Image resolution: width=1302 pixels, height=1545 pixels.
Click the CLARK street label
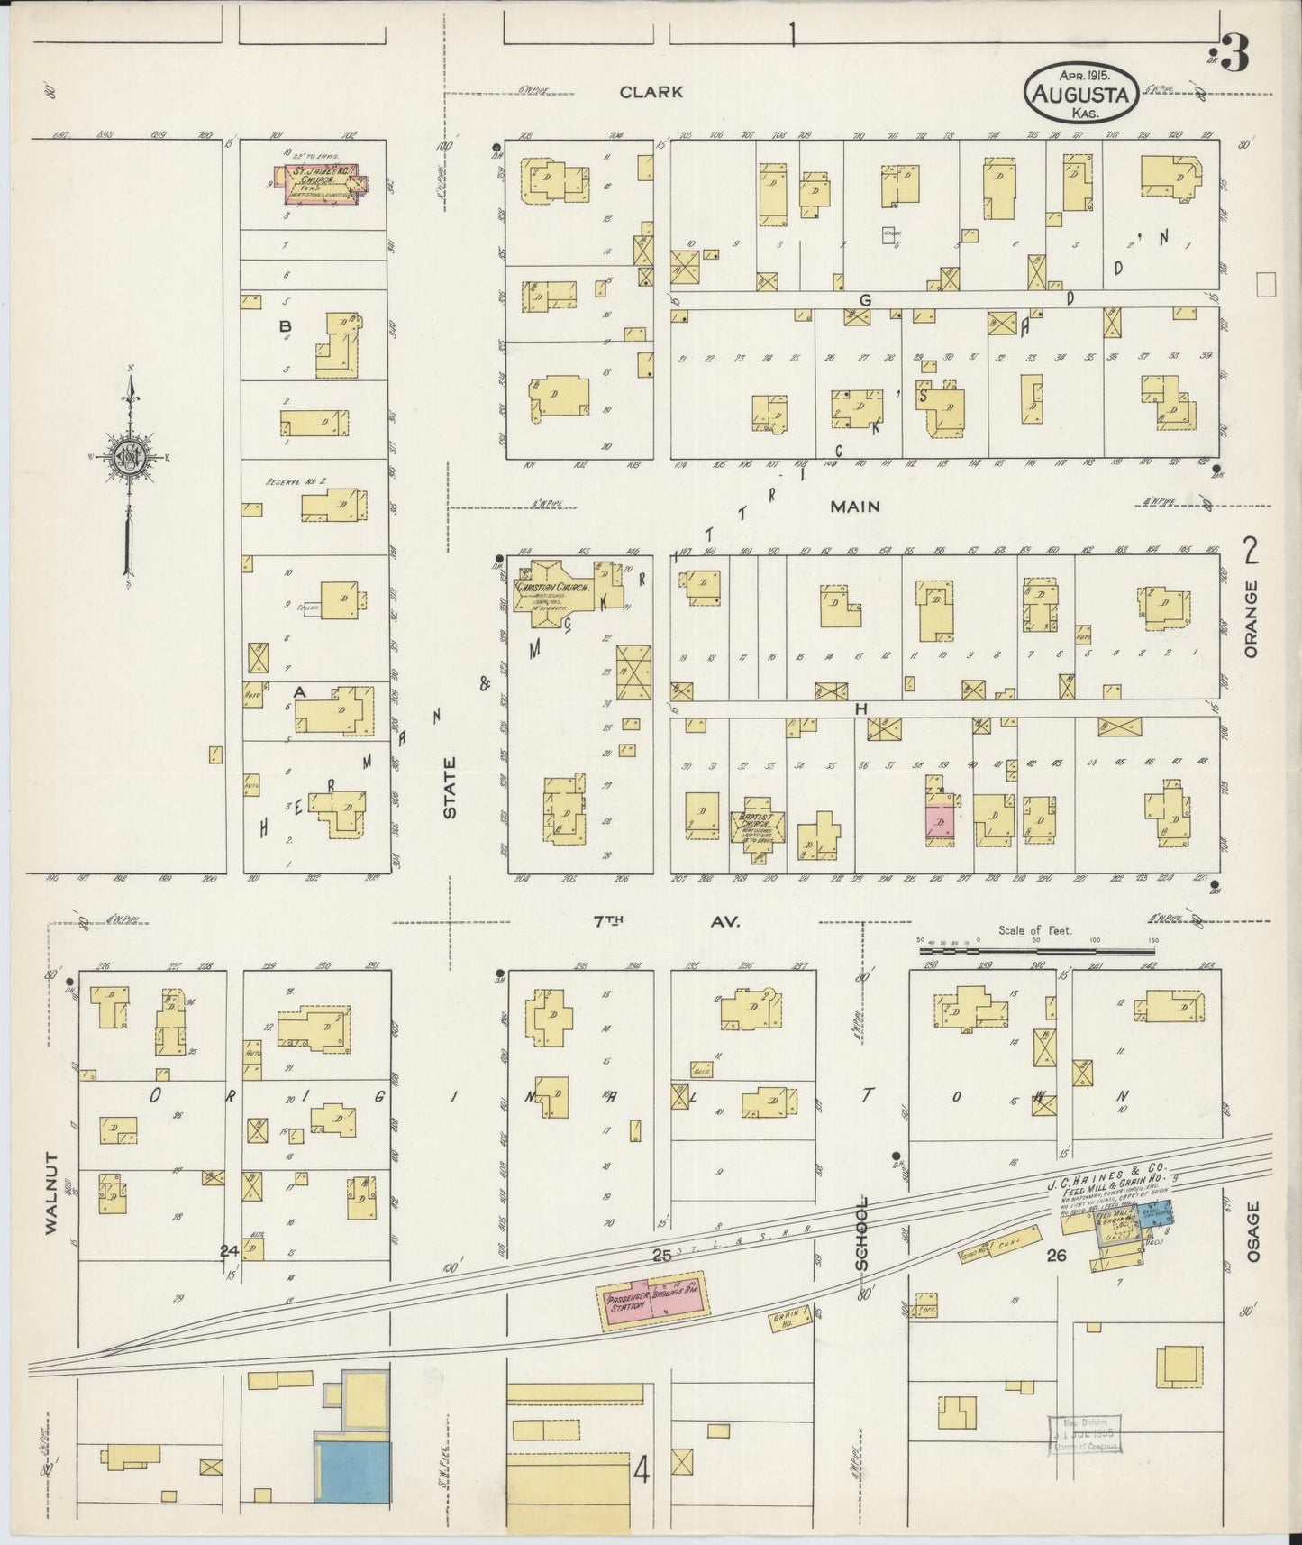pos(651,92)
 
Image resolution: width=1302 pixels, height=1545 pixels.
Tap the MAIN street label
pos(854,507)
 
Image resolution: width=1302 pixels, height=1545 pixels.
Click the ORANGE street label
pos(1251,618)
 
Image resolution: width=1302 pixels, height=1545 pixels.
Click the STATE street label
pos(450,786)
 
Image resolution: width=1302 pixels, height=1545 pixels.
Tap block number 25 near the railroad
pos(662,1255)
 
